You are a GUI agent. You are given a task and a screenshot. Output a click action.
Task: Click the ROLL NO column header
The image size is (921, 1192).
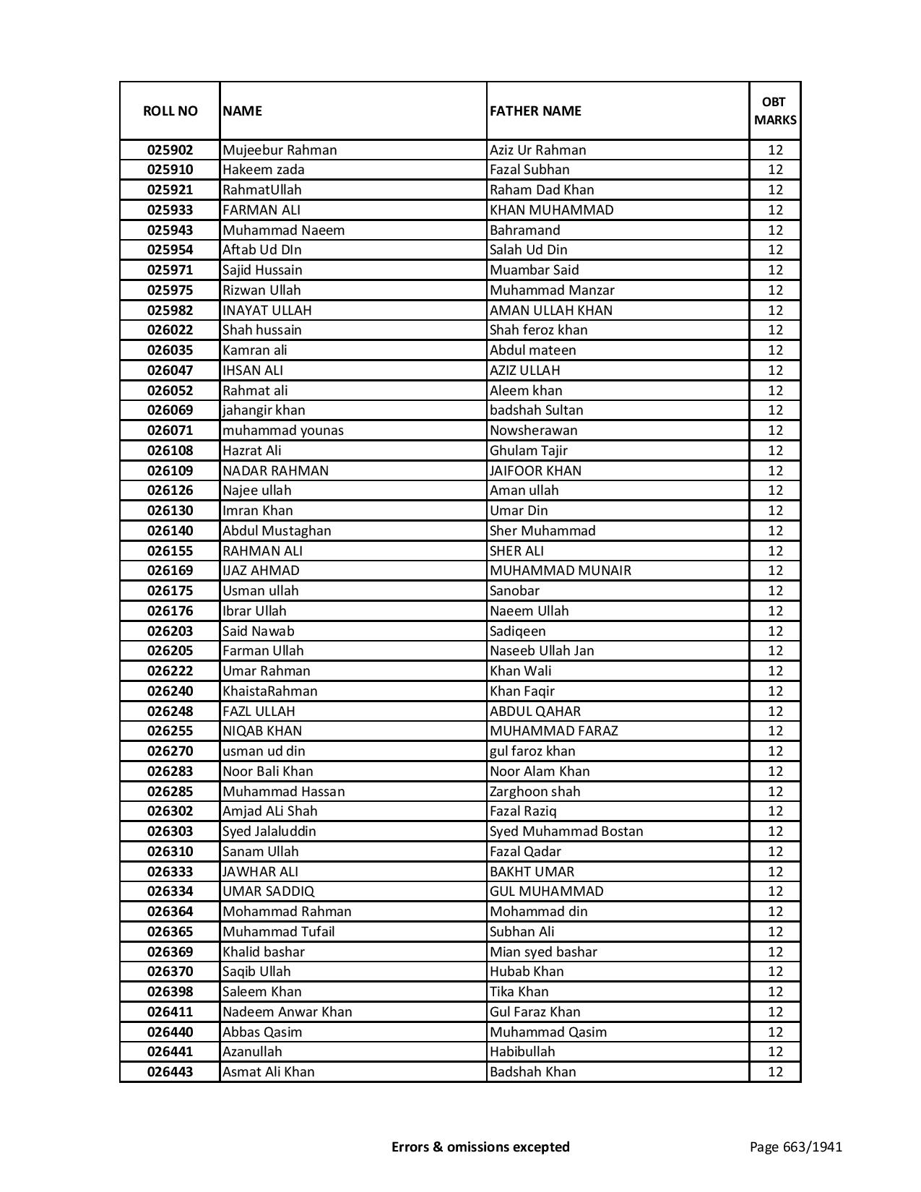tap(170, 111)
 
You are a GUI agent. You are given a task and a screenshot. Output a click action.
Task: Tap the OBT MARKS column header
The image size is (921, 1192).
tap(775, 111)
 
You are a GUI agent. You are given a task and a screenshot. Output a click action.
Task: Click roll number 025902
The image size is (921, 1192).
tap(170, 150)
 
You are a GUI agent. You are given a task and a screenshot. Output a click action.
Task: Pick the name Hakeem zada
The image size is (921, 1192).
tap(264, 170)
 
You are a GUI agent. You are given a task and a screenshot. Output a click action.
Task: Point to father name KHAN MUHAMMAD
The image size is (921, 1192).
tap(551, 210)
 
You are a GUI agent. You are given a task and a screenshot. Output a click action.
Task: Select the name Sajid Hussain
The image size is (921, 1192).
tap(262, 270)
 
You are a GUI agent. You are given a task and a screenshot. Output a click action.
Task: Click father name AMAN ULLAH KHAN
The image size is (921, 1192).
tap(550, 311)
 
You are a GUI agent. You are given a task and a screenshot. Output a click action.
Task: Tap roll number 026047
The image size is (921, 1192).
tap(170, 371)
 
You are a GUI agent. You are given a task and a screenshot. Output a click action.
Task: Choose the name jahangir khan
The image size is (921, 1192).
tap(264, 410)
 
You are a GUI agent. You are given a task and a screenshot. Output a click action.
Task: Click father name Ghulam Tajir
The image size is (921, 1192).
tap(528, 451)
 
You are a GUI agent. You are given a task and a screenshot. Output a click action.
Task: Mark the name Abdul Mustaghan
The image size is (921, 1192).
tap(277, 531)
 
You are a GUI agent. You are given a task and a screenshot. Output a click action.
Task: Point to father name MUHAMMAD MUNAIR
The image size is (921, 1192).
tap(560, 571)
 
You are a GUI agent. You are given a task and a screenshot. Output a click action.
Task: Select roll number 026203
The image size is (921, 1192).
tap(170, 631)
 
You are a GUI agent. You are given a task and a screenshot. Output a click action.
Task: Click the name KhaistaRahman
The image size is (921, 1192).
tap(269, 691)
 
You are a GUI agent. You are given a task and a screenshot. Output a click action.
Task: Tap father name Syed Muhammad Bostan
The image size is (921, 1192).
tap(566, 832)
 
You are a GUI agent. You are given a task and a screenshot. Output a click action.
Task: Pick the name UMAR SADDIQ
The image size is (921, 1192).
tap(268, 891)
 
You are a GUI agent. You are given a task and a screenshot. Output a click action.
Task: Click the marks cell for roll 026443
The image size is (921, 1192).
tap(775, 1072)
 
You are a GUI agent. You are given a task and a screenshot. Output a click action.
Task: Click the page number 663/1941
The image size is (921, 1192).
tap(811, 1146)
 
